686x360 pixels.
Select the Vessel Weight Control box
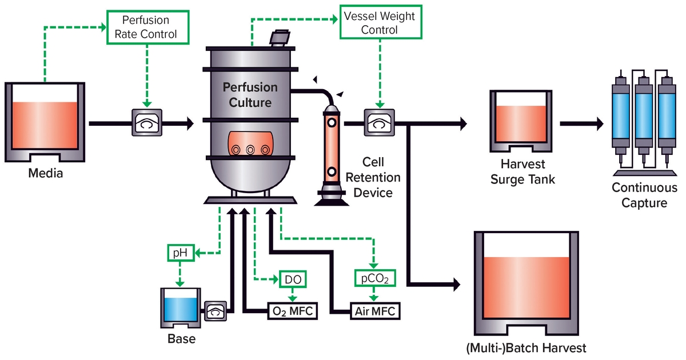[x=379, y=22]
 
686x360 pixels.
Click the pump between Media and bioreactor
[x=147, y=122]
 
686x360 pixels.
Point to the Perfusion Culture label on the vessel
[x=250, y=95]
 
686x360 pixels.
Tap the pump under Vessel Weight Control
[x=378, y=122]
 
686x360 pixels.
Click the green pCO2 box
[x=374, y=278]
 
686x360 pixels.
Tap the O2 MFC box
[x=292, y=311]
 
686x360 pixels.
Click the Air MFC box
[x=374, y=311]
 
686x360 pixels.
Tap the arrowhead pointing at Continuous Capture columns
[x=600, y=122]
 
